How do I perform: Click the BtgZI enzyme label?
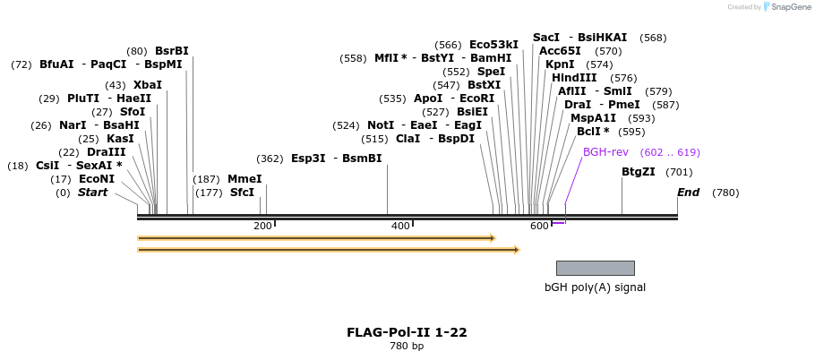tap(639, 172)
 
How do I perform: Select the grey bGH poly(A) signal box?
tap(595, 268)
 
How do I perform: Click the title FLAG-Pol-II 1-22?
tap(407, 332)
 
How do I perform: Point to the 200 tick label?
tap(262, 226)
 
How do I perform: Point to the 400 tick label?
tap(400, 226)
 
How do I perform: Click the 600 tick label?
tap(538, 226)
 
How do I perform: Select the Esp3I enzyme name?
tap(308, 159)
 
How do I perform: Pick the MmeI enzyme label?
tap(244, 179)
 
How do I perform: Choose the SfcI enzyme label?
tap(242, 192)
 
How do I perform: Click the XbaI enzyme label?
tap(148, 85)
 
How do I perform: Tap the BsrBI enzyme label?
tap(172, 51)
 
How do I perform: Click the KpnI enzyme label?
tap(560, 64)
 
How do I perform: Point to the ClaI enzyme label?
tap(407, 139)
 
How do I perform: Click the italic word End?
tap(688, 193)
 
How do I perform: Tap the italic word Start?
tap(92, 193)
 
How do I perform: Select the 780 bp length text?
tap(407, 346)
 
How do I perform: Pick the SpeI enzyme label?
tap(491, 72)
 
